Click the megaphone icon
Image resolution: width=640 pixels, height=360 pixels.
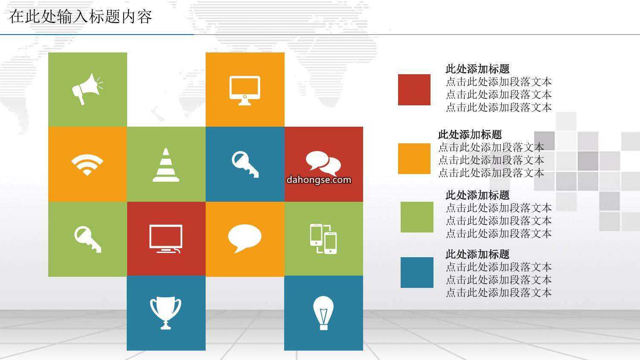pyautogui.click(x=87, y=89)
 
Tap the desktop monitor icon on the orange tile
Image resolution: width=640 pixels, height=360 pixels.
pyautogui.click(x=245, y=90)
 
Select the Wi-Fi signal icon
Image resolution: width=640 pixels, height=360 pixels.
pyautogui.click(x=87, y=165)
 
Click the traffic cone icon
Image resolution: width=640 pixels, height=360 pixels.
pyautogui.click(x=166, y=165)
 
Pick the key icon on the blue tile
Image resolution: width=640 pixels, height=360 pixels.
pyautogui.click(x=245, y=164)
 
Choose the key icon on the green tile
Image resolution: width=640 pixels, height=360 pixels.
pyautogui.click(x=87, y=239)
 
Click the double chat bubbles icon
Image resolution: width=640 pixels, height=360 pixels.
pyautogui.click(x=323, y=163)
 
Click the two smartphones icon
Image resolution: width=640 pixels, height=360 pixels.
pyautogui.click(x=323, y=239)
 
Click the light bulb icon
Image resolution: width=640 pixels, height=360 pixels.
pyautogui.click(x=323, y=313)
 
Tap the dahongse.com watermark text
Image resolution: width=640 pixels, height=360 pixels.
pyautogui.click(x=319, y=180)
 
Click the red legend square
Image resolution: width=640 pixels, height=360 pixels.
pyautogui.click(x=414, y=90)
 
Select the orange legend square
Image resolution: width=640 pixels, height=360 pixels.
pyautogui.click(x=414, y=159)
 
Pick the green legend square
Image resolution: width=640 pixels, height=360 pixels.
pyautogui.click(x=417, y=217)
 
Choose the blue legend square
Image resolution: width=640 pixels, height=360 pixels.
pyautogui.click(x=417, y=273)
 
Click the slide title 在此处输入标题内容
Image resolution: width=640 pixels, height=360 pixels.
pyautogui.click(x=80, y=17)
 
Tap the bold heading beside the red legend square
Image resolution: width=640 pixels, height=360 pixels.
pyautogui.click(x=477, y=69)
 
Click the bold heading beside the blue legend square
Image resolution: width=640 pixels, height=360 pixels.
pyautogui.click(x=477, y=254)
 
